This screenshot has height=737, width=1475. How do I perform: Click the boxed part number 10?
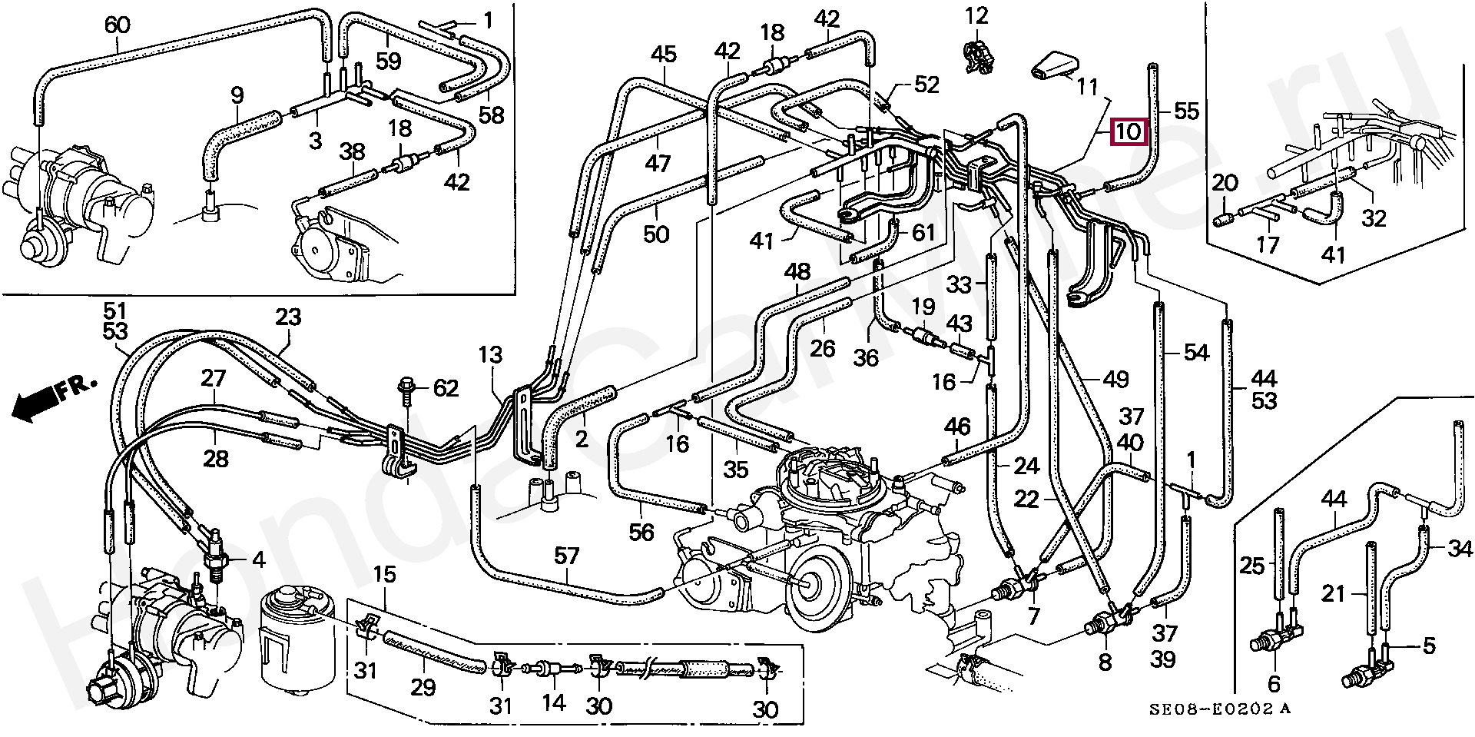pos(1128,131)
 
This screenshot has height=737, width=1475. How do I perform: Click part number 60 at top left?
pos(117,26)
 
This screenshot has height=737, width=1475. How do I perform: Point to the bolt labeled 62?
pos(405,394)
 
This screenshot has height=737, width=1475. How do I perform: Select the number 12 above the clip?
pos(976,15)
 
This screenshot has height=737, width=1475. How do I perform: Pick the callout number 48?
pos(797,272)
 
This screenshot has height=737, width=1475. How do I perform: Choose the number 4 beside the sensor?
pos(259,560)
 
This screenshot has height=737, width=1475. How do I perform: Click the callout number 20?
pos(1225,183)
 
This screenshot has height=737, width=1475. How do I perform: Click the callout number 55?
pos(1186,111)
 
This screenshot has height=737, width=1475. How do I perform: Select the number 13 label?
pos(490,355)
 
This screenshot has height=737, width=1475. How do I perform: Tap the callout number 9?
pos(237,96)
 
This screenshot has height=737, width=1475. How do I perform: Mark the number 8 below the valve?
pos(1105,661)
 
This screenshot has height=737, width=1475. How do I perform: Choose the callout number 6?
pos(1273,683)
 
